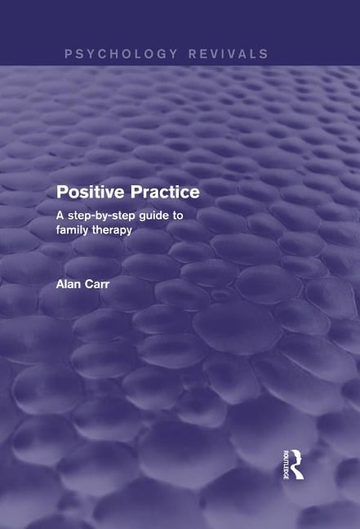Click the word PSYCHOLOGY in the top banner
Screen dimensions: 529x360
[x=120, y=54]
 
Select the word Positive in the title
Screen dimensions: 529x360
[x=87, y=193]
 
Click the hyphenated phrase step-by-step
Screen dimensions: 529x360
[x=105, y=216]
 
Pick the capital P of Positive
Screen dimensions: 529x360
[x=61, y=193]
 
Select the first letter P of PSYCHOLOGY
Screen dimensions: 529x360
[x=69, y=54]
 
